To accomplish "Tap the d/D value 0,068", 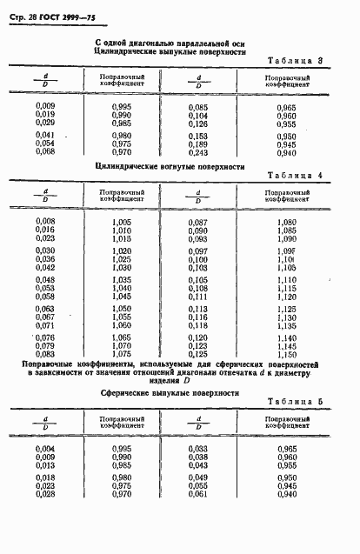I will [x=45, y=152].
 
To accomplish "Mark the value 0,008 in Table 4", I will [x=45, y=222].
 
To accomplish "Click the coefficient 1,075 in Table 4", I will [x=122, y=354].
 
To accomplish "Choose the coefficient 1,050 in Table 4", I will [x=122, y=309].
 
